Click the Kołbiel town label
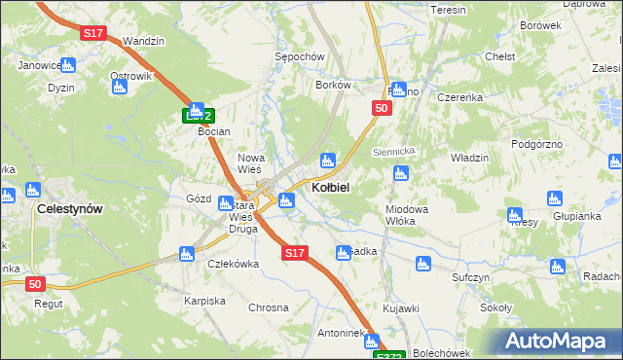[331, 186]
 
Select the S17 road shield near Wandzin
[92, 33]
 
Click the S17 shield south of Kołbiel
[295, 253]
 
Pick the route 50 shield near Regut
[35, 284]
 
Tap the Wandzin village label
[144, 42]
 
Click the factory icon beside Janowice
[67, 66]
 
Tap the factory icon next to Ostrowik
[119, 88]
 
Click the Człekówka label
[233, 263]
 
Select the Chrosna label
[269, 307]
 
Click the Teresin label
[448, 10]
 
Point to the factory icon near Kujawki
[422, 263]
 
